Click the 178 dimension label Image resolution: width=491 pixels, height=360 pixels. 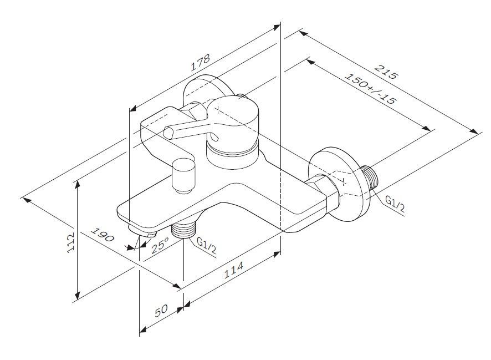pos(200,63)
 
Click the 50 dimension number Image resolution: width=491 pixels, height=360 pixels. pos(161,311)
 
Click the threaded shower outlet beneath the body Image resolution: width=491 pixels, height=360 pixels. pos(185,229)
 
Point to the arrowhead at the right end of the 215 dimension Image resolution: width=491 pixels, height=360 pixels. pos(476,131)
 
